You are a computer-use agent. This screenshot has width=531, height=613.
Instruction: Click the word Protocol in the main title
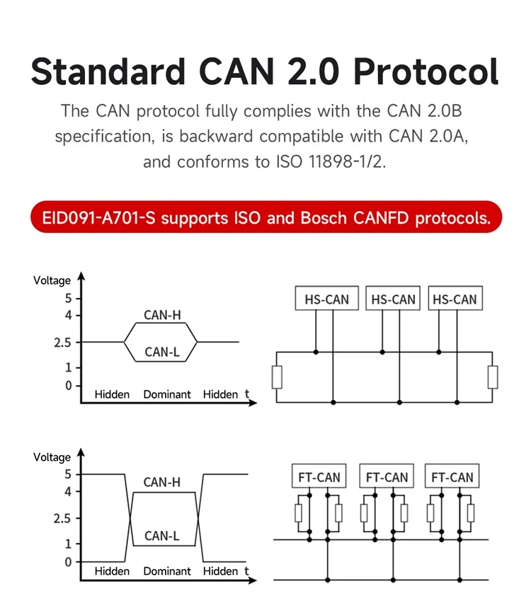point(426,71)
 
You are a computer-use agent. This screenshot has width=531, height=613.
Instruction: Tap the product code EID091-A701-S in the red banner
point(98,217)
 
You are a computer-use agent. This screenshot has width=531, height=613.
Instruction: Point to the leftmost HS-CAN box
point(327,298)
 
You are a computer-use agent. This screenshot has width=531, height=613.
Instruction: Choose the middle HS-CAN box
point(393,298)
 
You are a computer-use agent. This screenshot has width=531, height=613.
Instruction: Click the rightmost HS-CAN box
point(455,298)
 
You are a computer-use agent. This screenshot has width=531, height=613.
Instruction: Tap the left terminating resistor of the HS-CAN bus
point(277,377)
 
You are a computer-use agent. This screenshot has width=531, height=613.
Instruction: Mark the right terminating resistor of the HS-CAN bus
point(493,377)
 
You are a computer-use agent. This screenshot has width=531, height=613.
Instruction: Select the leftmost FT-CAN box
point(319,476)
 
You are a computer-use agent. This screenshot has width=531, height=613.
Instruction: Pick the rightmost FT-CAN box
point(452,476)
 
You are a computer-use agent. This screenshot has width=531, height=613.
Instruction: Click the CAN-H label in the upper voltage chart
point(162,315)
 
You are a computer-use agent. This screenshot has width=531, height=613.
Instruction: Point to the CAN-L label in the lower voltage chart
point(162,536)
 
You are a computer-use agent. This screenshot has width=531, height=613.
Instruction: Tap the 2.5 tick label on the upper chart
point(62,343)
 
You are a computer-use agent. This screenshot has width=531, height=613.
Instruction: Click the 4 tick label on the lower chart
point(68,492)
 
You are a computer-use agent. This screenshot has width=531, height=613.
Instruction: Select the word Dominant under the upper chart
point(167,394)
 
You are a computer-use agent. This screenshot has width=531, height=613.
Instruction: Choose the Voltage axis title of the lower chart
point(52,457)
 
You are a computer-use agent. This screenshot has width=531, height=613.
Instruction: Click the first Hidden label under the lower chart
point(112,571)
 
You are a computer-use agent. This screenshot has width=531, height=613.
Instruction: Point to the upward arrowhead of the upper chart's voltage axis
point(81,276)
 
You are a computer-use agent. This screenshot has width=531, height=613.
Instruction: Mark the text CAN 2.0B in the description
point(424,110)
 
